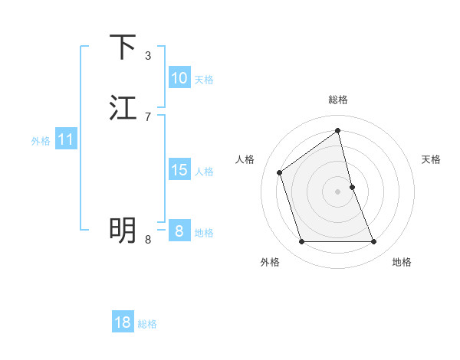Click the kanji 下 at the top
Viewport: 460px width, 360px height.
[x=123, y=47]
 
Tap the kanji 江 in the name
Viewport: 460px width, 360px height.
[x=123, y=108]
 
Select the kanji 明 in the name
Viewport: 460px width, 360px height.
[x=123, y=228]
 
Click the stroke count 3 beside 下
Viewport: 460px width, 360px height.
[x=147, y=55]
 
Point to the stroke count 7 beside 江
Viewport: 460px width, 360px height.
[x=147, y=116]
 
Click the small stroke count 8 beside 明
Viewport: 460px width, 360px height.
[x=147, y=239]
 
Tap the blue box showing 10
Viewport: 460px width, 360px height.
[x=179, y=78]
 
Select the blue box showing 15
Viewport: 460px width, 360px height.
[x=179, y=170]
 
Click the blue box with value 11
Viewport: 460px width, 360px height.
[x=66, y=139]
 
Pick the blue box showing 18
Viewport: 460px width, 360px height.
[x=123, y=322]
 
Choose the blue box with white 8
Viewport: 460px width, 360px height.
[x=179, y=231]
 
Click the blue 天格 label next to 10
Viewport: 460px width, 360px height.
[x=204, y=80]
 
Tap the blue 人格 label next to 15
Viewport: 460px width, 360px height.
[x=204, y=172]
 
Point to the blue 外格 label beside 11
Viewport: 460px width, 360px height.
[x=41, y=141]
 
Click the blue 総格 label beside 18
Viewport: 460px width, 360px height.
[x=147, y=324]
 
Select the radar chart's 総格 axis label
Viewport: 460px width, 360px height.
[x=338, y=100]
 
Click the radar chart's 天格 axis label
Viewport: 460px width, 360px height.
[x=432, y=159]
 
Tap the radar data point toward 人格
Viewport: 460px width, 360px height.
[x=280, y=172]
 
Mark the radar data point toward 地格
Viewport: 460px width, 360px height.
[x=374, y=242]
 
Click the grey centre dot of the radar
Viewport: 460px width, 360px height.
[x=338, y=191]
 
